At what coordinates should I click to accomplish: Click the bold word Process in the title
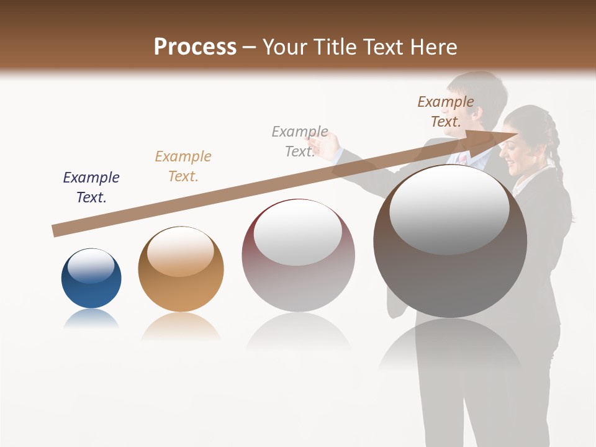click(x=195, y=47)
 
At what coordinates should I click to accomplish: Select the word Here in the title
click(x=433, y=47)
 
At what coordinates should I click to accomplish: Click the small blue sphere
click(x=91, y=279)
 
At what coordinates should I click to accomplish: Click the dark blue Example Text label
click(x=91, y=187)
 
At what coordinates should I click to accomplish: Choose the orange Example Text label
click(x=183, y=166)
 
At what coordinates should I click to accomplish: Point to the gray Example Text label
click(x=300, y=142)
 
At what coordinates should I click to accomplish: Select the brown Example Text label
click(x=446, y=112)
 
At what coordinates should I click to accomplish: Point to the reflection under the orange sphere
click(x=181, y=326)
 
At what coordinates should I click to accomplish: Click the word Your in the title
click(x=287, y=47)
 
